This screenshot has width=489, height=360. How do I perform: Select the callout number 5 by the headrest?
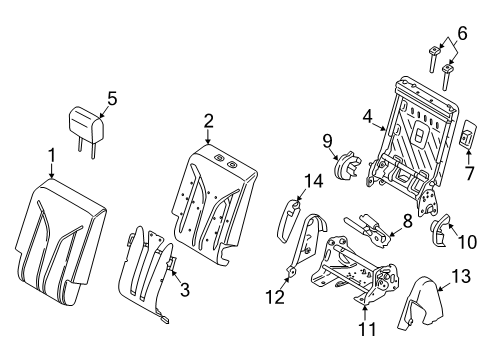tap(113, 98)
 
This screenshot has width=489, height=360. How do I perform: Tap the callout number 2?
tap(209, 121)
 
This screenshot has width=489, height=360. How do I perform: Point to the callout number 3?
tap(184, 290)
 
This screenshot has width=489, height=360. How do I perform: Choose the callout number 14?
tap(313, 181)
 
